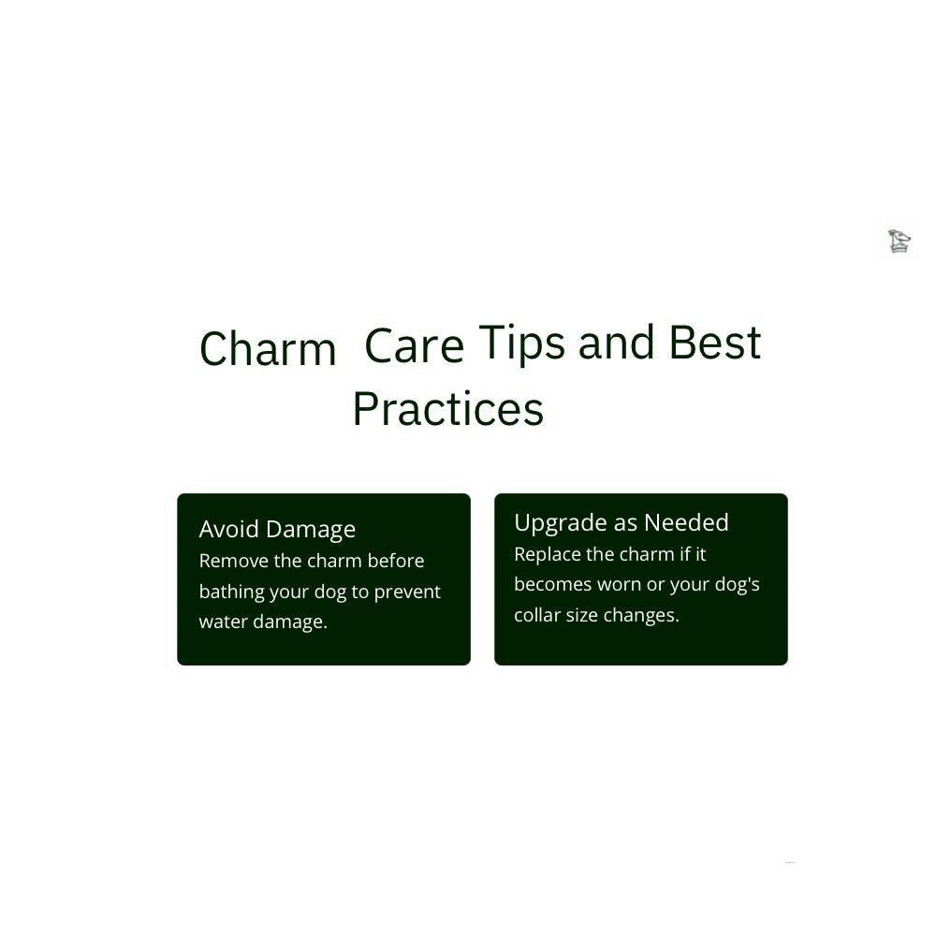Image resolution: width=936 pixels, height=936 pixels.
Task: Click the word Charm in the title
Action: (268, 348)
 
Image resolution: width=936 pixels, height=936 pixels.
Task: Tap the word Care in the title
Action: (415, 345)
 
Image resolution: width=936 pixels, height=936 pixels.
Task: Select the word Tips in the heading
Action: (521, 344)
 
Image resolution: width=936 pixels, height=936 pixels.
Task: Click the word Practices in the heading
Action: (448, 409)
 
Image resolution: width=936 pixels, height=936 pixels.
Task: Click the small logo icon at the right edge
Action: (899, 241)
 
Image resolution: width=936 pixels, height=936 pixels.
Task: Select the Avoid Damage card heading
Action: (277, 530)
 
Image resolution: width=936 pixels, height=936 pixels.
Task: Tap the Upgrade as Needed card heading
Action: (622, 523)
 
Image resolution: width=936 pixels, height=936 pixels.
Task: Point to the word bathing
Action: (231, 592)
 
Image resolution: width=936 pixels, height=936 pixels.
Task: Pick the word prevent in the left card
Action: (407, 592)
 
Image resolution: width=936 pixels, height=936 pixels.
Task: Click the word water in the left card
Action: (224, 622)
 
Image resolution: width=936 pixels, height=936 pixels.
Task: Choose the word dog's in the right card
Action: (738, 585)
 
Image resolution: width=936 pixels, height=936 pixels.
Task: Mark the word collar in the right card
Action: (537, 615)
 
